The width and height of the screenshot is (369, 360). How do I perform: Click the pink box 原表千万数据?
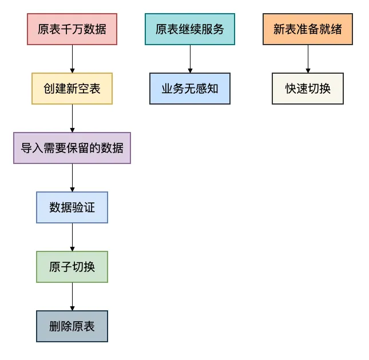tap(72, 29)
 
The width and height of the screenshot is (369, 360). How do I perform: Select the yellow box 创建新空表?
tap(72, 89)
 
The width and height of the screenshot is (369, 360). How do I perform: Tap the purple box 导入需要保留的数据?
tap(72, 148)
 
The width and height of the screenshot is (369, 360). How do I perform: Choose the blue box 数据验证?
tap(72, 207)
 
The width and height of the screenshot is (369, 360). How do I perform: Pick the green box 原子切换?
tap(72, 267)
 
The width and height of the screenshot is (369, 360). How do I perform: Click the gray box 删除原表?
tap(72, 326)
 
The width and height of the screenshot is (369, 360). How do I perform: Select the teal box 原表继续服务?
tap(190, 29)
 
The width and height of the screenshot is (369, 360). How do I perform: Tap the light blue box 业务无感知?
tap(190, 89)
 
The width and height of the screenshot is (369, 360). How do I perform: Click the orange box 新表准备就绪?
tap(308, 29)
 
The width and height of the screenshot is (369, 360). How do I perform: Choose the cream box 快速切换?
tap(308, 89)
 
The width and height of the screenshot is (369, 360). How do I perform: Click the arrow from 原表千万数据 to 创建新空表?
tap(72, 59)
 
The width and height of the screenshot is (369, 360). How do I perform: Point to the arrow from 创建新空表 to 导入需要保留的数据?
tap(72, 118)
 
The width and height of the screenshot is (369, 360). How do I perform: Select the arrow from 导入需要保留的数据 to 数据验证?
tap(72, 178)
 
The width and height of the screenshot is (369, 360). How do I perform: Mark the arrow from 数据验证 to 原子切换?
tap(72, 237)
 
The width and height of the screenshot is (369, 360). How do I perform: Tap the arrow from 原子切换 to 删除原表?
tap(72, 297)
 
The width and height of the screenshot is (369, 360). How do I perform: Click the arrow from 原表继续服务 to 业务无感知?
tap(190, 59)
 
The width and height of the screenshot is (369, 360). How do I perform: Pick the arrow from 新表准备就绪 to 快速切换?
tap(308, 59)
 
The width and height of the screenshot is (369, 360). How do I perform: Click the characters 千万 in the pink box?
tap(72, 29)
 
